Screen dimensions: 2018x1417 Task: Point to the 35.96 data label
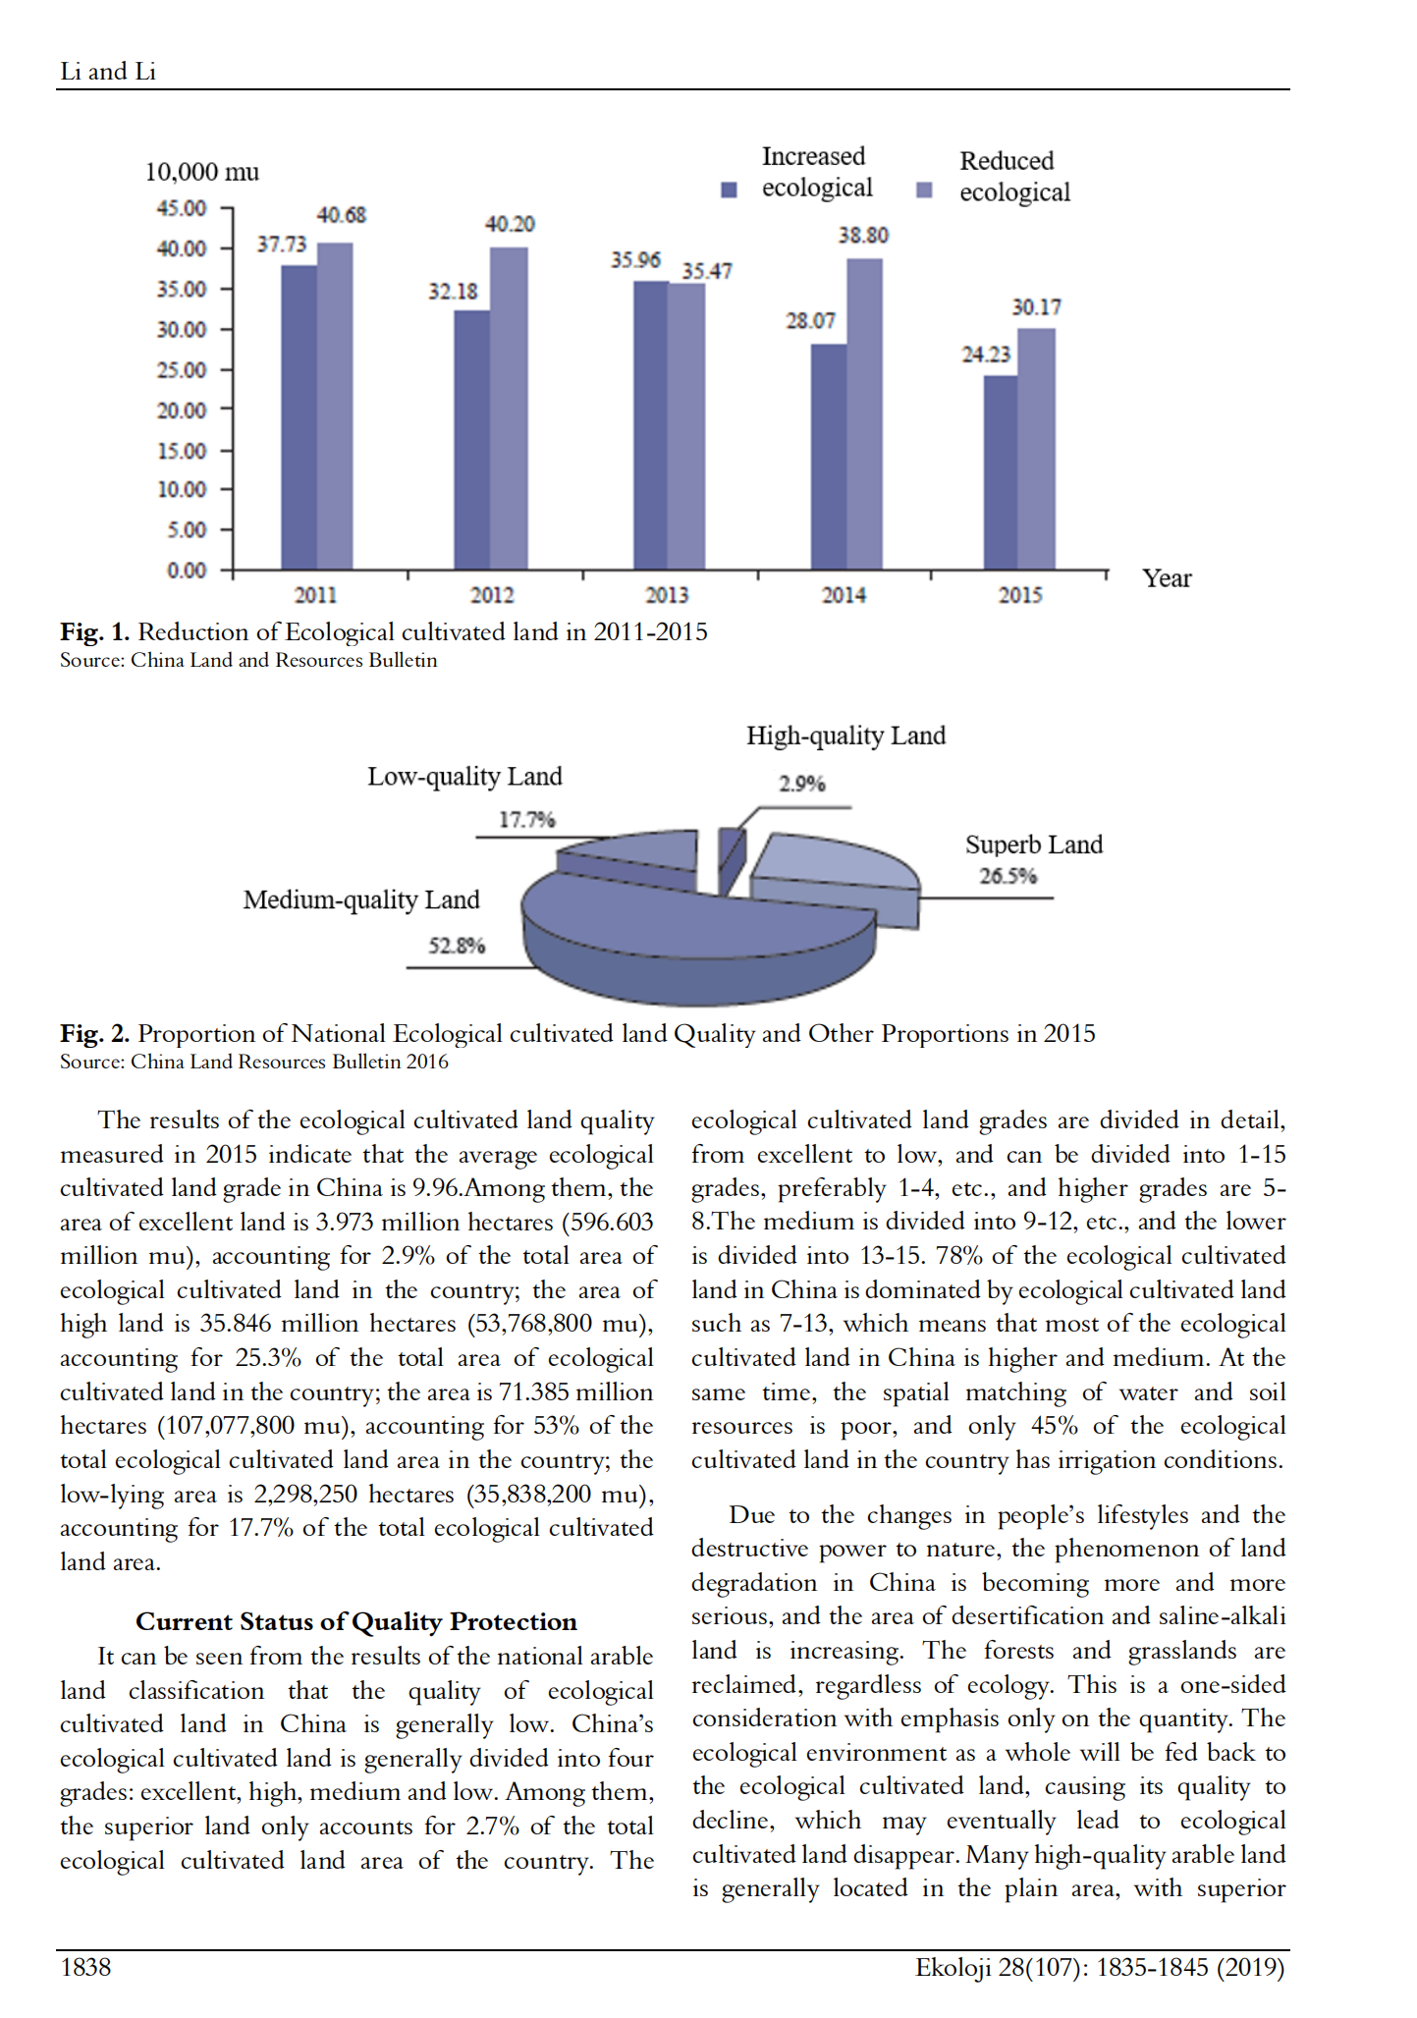pos(635,260)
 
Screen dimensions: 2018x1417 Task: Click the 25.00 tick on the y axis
pos(182,370)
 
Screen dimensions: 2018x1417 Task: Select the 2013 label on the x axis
pos(667,595)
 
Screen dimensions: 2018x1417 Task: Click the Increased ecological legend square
pos(729,190)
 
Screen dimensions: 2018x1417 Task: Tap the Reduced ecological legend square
pos(924,190)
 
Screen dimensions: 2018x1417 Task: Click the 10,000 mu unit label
pos(202,172)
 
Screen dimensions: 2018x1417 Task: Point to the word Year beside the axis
pos(1167,578)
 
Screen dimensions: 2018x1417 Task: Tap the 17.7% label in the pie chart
pos(526,819)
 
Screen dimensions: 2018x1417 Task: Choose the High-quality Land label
pos(845,736)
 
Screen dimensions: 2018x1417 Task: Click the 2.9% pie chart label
pos(802,784)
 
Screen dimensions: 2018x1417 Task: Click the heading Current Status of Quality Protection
pos(355,1621)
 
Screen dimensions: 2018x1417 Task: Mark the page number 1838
pos(86,1967)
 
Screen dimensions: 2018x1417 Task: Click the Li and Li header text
pos(108,72)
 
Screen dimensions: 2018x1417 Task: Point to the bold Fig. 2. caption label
pos(94,1033)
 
